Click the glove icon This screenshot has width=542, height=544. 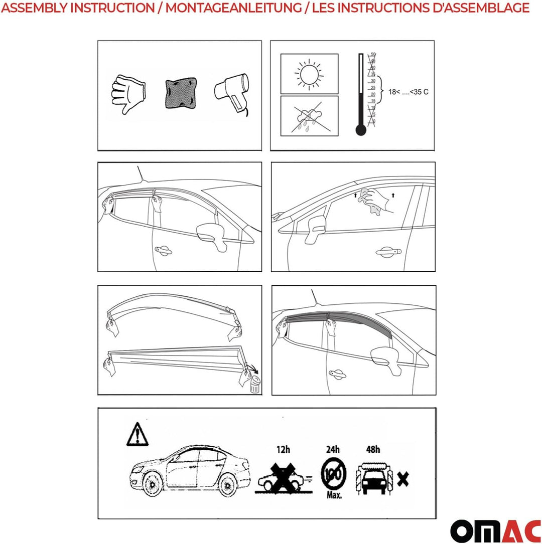click(128, 94)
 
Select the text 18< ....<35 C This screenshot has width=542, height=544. click(408, 92)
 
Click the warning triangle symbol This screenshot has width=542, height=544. click(136, 434)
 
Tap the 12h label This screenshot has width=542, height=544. click(284, 450)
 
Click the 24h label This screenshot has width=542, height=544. click(332, 450)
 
